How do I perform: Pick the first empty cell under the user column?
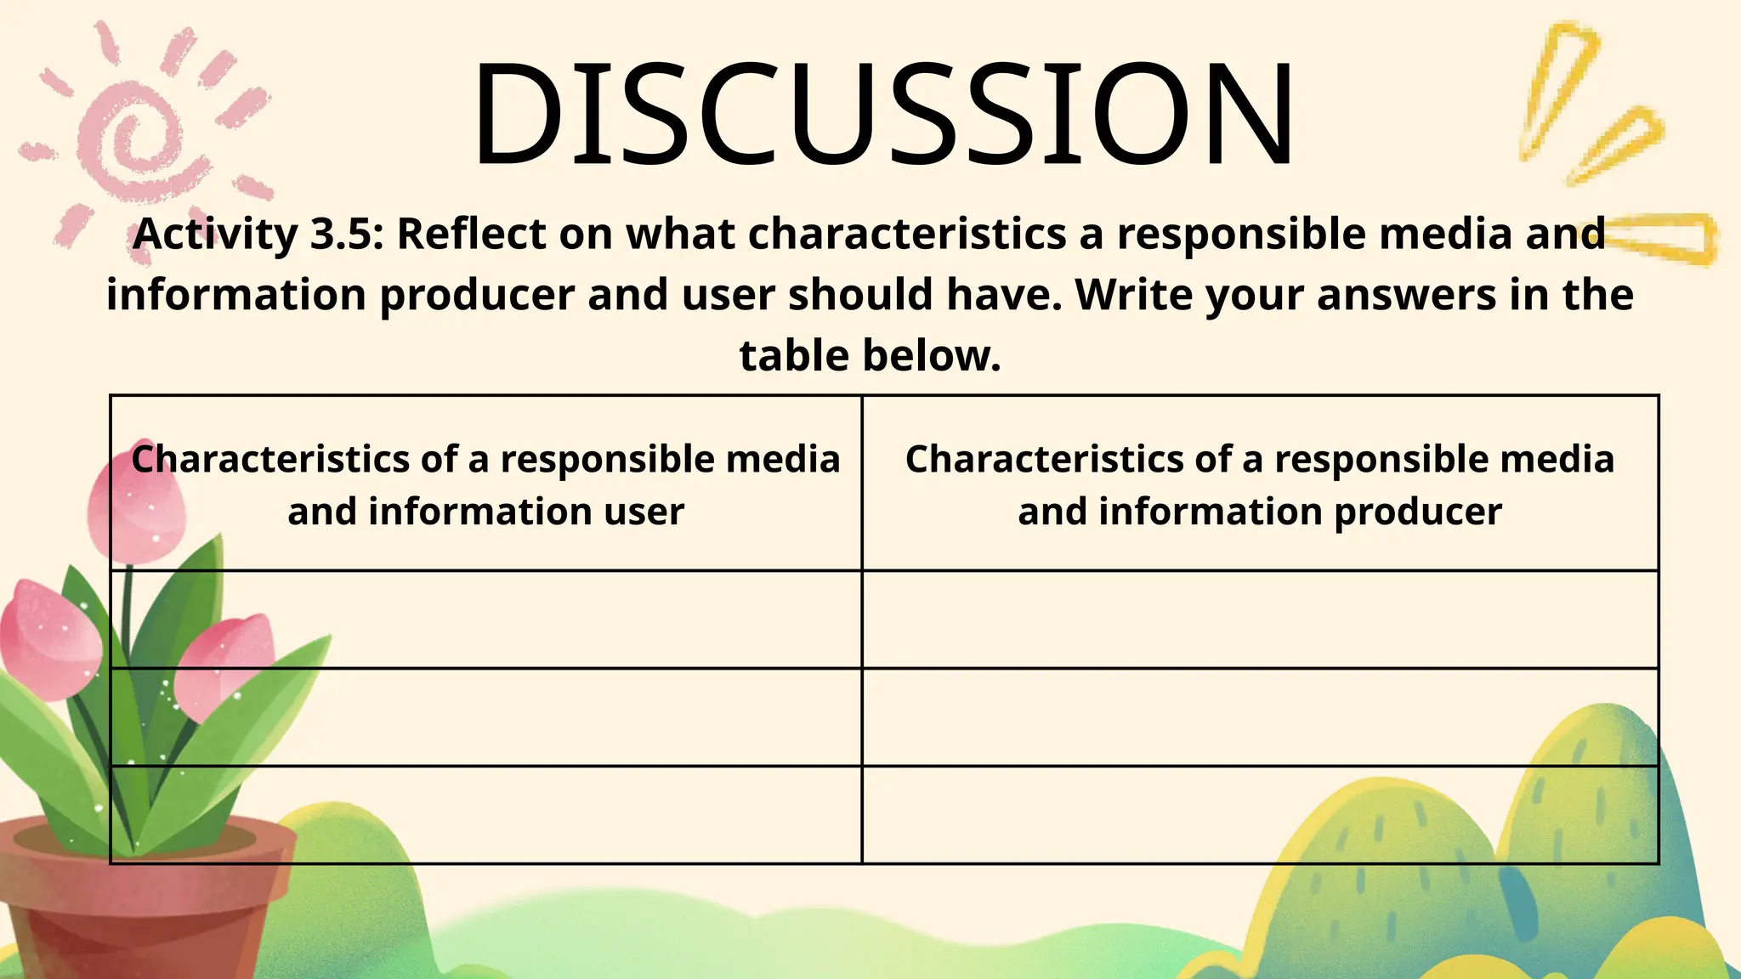[x=486, y=620]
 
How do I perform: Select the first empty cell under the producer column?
[x=1260, y=620]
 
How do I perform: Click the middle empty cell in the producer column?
[x=1260, y=717]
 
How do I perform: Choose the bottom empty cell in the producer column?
[x=1260, y=815]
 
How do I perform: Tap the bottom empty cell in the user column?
[x=486, y=815]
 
